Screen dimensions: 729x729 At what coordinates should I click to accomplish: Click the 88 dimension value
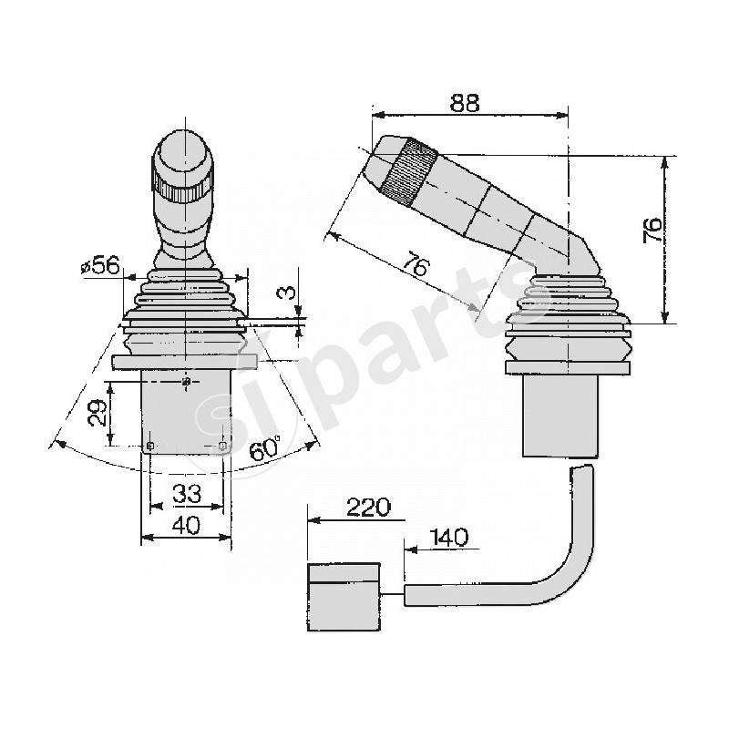pos(465,103)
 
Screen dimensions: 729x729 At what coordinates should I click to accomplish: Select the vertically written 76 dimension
pos(652,229)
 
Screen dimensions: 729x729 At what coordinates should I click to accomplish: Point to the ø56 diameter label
pos(100,265)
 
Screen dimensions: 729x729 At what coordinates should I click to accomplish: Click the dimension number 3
pos(286,293)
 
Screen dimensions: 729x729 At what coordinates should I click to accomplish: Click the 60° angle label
pos(266,448)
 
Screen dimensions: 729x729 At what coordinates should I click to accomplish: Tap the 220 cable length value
pos(368,507)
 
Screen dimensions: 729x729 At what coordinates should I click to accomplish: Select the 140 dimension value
pos(447,537)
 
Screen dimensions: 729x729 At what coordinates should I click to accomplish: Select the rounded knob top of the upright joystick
pos(184,155)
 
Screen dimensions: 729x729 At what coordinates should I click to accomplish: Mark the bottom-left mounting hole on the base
pos(150,446)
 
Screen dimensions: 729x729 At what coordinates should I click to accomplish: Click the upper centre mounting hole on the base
pos(187,382)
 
